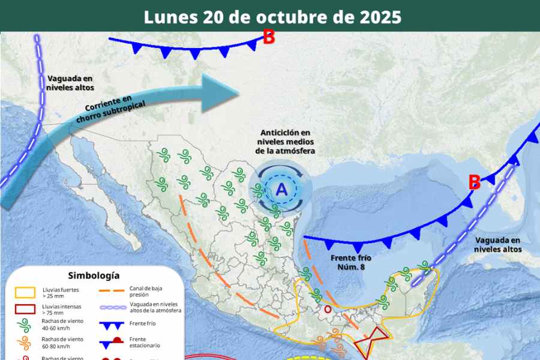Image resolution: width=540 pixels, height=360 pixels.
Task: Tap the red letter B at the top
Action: click(269, 37)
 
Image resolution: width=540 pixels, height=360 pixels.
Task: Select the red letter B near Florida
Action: click(474, 182)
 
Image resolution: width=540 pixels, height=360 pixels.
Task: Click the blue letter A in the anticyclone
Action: click(281, 190)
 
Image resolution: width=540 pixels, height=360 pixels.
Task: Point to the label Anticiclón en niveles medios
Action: click(284, 142)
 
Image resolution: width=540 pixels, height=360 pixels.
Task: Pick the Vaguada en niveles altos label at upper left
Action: click(70, 83)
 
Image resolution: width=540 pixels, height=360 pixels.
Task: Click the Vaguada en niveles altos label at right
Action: click(497, 244)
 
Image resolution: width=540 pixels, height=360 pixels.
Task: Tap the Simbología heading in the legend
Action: click(94, 275)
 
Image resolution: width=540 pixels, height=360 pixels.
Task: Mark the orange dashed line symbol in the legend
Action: click(112, 292)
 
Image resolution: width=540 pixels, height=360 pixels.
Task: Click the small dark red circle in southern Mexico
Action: click(328, 310)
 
